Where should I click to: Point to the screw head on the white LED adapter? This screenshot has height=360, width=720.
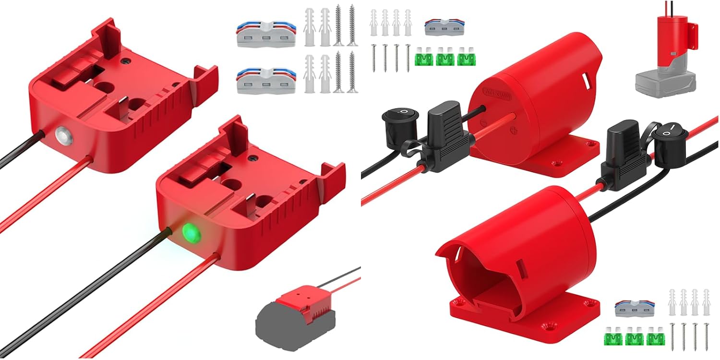tap(126, 61)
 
